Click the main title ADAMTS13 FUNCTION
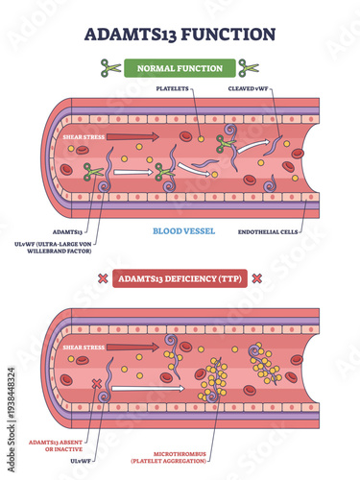[180, 33]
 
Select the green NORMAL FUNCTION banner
[180, 68]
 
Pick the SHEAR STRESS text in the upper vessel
[82, 136]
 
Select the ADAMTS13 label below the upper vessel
[64, 231]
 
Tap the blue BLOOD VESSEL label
[180, 231]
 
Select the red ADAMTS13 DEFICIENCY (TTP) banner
[180, 278]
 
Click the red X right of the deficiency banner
[257, 278]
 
